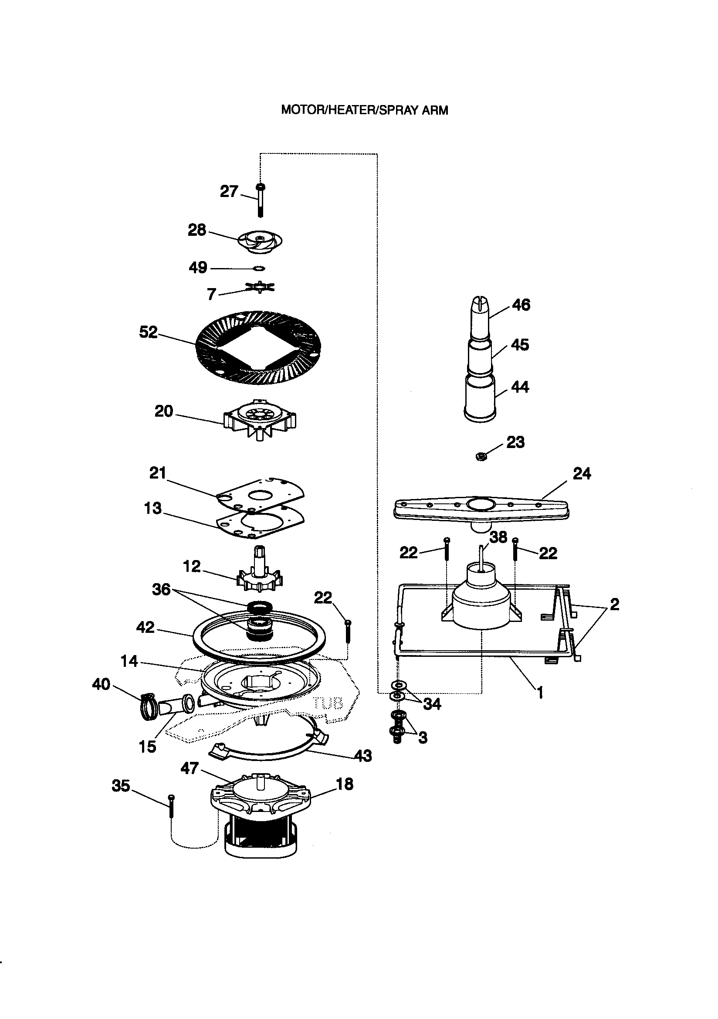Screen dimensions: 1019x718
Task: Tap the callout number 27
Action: pyautogui.click(x=229, y=191)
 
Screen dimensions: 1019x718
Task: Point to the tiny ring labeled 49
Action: pyautogui.click(x=259, y=268)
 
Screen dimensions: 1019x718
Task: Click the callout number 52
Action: pyautogui.click(x=148, y=332)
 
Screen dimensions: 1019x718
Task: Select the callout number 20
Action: pyautogui.click(x=163, y=411)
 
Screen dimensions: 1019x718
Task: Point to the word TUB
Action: pyautogui.click(x=329, y=703)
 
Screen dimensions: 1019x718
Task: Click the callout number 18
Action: pyautogui.click(x=344, y=784)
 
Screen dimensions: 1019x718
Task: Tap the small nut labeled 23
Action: pyautogui.click(x=481, y=456)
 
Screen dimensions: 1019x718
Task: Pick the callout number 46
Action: pyautogui.click(x=521, y=305)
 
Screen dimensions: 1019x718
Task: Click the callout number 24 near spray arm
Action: pyautogui.click(x=582, y=474)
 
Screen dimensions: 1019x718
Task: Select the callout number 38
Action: pyautogui.click(x=498, y=537)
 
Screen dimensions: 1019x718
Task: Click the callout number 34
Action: pyautogui.click(x=432, y=703)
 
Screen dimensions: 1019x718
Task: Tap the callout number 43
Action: pyautogui.click(x=362, y=755)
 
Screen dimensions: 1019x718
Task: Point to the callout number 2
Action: pyautogui.click(x=614, y=604)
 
